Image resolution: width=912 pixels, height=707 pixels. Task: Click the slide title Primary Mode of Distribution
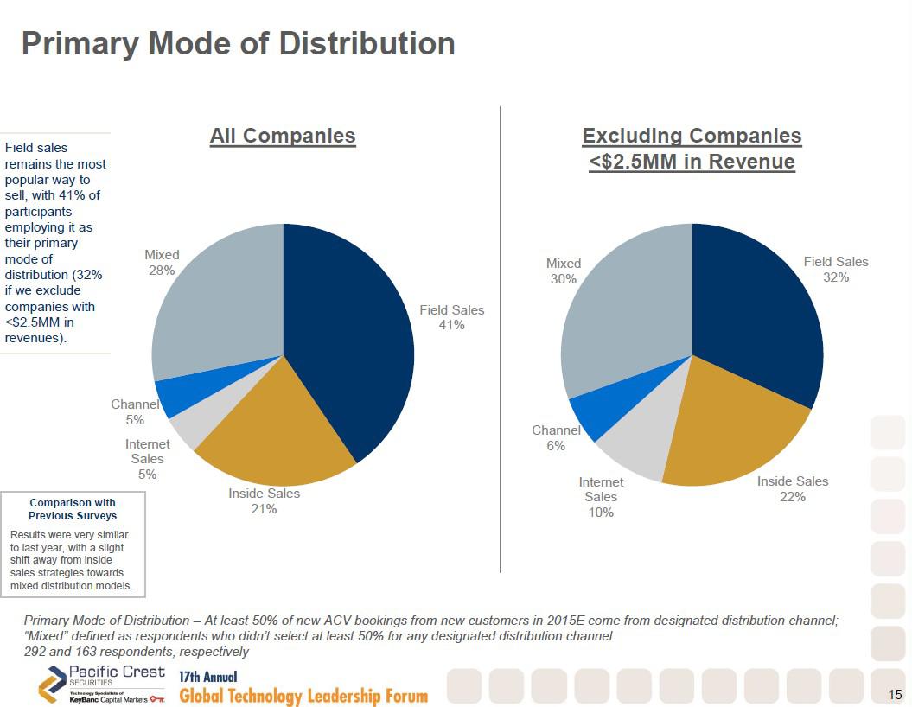238,43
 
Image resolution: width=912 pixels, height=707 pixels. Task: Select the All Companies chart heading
283,136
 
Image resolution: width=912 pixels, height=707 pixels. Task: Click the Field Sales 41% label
452,317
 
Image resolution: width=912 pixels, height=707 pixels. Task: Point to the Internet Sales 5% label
148,459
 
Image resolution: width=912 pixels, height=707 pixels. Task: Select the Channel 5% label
135,412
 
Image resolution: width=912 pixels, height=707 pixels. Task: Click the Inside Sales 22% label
793,489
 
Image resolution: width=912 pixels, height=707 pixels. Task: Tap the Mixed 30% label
564,271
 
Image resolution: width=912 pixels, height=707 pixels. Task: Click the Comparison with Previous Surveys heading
73,509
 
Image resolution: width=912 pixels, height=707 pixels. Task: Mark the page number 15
895,694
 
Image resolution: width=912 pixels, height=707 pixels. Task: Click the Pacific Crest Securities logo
102,685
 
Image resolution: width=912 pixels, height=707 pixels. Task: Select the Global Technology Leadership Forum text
303,696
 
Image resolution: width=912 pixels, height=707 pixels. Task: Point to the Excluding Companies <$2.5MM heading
692,149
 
